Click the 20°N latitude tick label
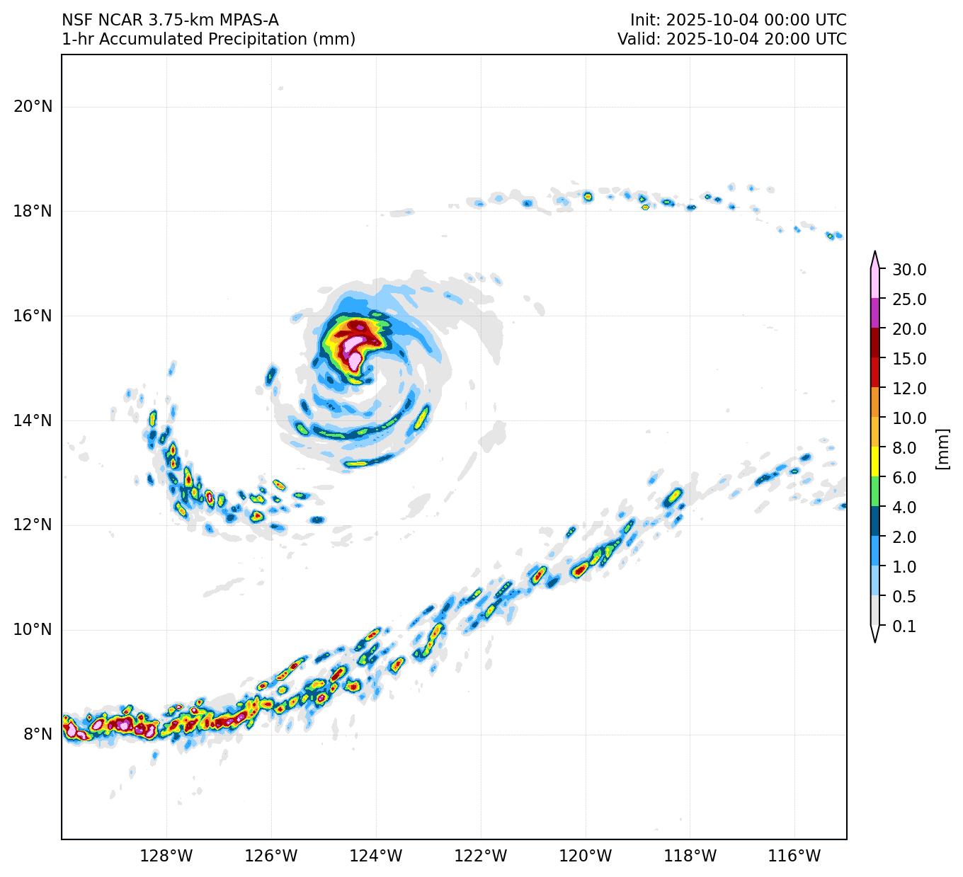[x=33, y=107]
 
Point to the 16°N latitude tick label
[x=33, y=316]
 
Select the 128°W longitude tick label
[x=166, y=856]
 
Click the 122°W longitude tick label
[x=481, y=856]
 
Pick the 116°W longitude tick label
[x=794, y=856]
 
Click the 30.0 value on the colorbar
[x=909, y=270]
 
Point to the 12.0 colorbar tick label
[x=909, y=389]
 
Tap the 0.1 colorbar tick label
[x=904, y=626]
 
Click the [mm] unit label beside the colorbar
[x=942, y=448]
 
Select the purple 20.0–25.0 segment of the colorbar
[x=875, y=313]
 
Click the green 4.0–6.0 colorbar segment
[x=875, y=491]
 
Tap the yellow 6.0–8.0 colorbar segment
[x=875, y=462]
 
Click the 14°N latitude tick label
[x=33, y=420]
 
